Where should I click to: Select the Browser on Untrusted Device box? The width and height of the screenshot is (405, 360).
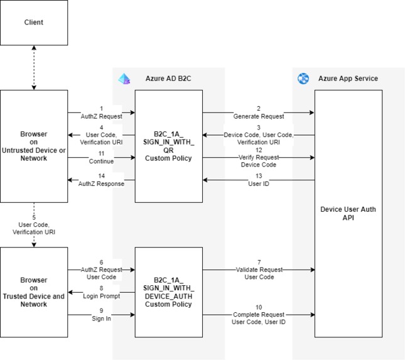coord(34,146)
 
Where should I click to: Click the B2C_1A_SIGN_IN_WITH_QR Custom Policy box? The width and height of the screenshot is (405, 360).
coord(168,146)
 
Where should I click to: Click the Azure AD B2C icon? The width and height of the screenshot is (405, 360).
coord(124,79)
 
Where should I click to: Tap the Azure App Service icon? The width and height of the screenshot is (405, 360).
coord(304,79)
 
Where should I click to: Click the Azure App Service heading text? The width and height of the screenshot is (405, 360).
coord(347,79)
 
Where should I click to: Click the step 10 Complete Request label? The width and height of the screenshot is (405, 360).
coord(258,314)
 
